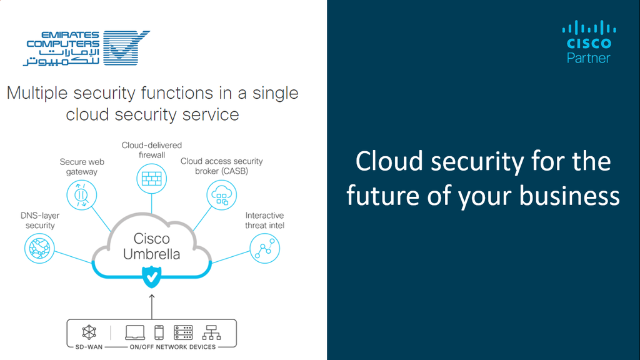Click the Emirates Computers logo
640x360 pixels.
(x=86, y=47)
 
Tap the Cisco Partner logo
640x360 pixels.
(x=589, y=42)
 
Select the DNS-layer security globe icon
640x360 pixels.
(x=39, y=248)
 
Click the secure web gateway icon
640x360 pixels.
(x=82, y=195)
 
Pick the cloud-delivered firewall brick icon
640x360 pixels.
(x=151, y=178)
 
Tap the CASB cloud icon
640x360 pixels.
(x=222, y=195)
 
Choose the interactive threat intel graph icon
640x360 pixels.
(x=264, y=248)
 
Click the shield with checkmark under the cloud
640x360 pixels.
(x=151, y=277)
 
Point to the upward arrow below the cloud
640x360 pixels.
(x=152, y=306)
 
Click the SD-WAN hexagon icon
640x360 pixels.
(x=89, y=332)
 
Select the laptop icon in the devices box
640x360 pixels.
(x=135, y=332)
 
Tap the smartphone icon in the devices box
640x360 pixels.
(x=159, y=332)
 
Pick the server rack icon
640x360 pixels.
(x=183, y=332)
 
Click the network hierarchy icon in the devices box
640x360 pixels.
(x=211, y=332)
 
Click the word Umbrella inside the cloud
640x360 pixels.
(x=151, y=254)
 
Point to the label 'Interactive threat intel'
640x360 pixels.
(x=264, y=221)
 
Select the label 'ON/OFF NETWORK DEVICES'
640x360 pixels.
(x=172, y=347)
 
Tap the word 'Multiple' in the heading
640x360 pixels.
(x=37, y=94)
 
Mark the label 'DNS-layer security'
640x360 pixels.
(x=40, y=221)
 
